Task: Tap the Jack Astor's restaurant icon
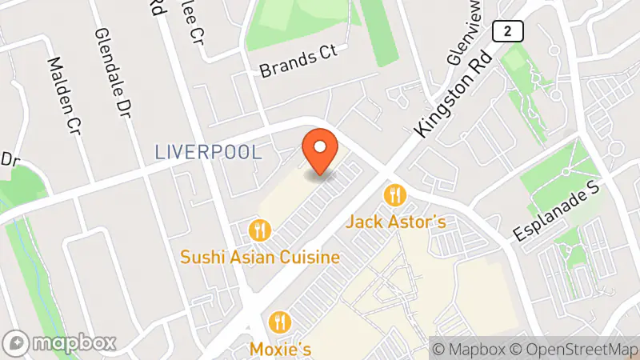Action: (x=394, y=194)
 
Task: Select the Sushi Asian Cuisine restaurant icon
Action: (x=260, y=230)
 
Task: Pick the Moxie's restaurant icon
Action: (x=280, y=322)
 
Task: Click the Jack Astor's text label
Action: (x=395, y=222)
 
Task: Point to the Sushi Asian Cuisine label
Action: (x=260, y=258)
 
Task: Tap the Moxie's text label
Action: (x=280, y=349)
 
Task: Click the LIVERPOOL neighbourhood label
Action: (x=208, y=152)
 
